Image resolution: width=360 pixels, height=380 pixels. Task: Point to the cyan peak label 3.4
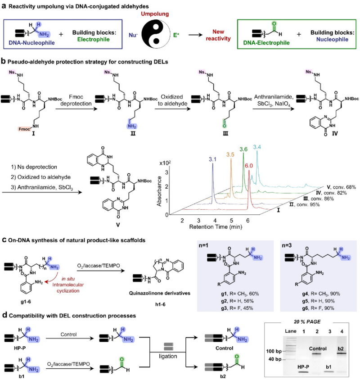[256, 146]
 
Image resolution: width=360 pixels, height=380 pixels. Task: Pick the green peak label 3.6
[243, 149]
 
